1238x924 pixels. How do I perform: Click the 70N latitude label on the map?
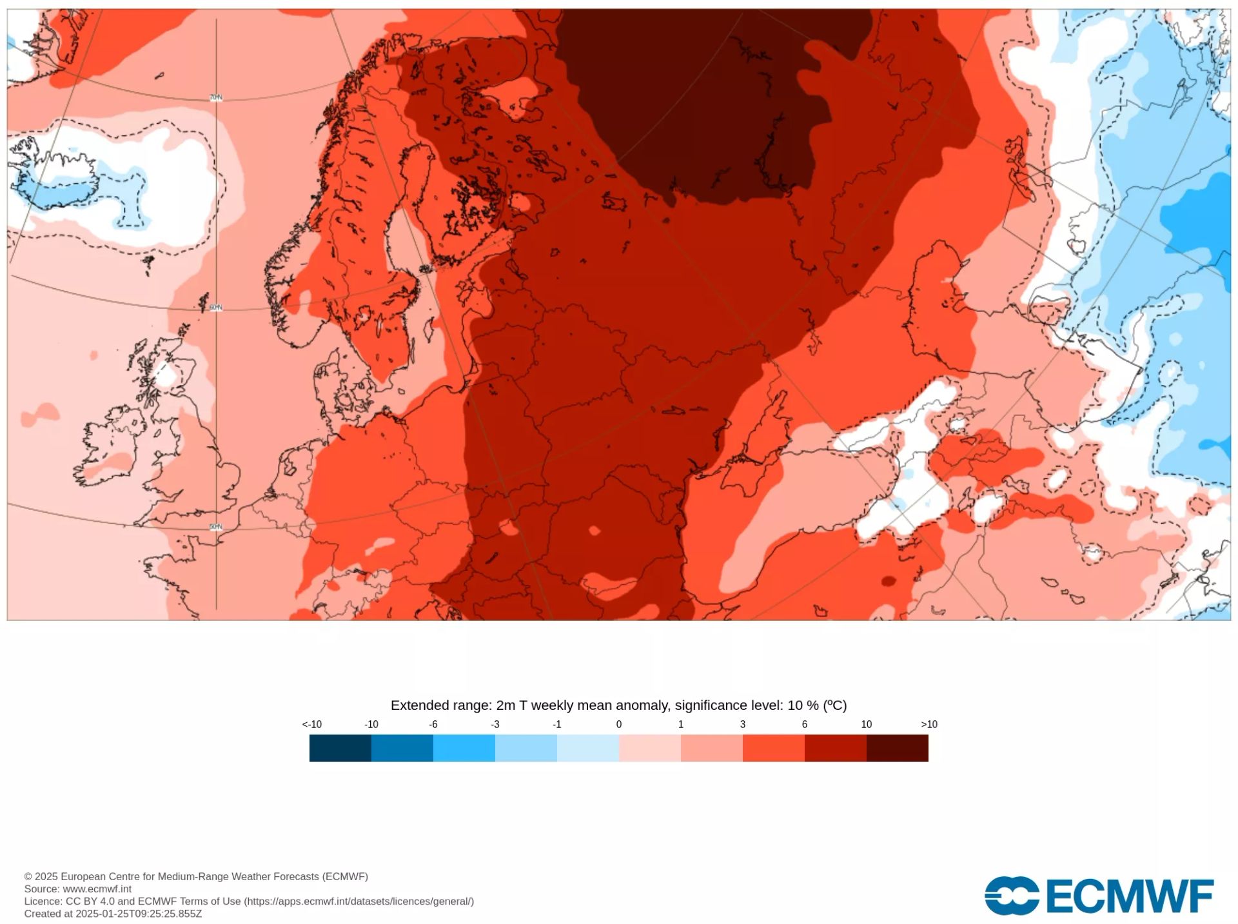point(216,98)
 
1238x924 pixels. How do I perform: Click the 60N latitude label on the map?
point(216,308)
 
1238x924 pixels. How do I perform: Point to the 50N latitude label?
point(216,527)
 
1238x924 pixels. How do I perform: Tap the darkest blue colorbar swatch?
point(340,748)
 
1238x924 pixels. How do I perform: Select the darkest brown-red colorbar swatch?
point(897,748)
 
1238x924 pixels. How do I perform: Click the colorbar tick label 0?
point(619,724)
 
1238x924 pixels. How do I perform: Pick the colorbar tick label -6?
point(433,724)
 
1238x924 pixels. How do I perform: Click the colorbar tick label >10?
point(928,724)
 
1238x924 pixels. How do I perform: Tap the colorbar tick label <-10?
point(312,724)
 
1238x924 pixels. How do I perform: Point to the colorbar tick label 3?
point(743,724)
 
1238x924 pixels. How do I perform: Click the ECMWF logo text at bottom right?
point(1128,896)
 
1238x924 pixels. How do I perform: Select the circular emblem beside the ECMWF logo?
point(1011,896)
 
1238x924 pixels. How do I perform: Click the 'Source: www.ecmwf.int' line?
point(77,889)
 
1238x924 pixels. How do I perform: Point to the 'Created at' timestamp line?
point(113,914)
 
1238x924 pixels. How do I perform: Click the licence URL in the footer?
point(359,901)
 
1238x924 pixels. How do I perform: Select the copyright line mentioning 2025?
point(196,876)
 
